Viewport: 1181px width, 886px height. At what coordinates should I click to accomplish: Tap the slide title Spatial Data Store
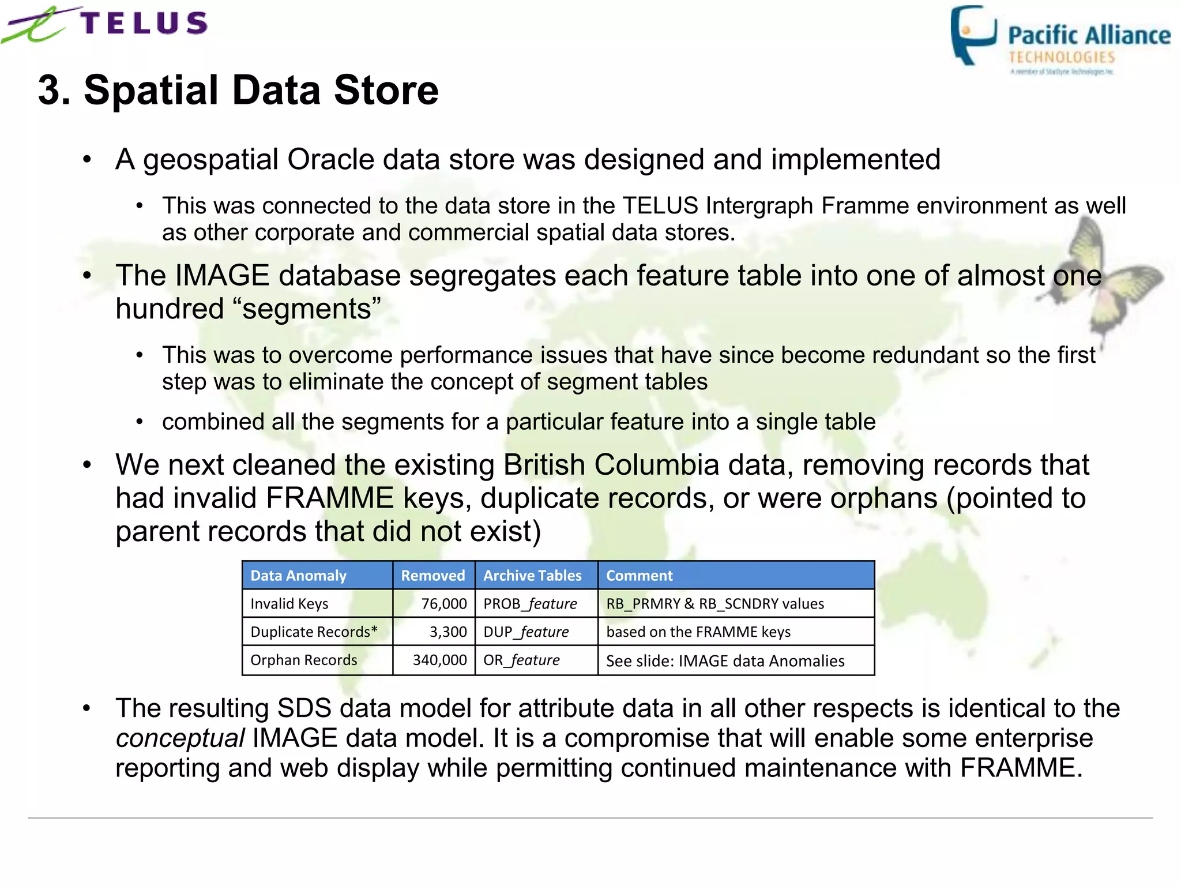click(x=238, y=91)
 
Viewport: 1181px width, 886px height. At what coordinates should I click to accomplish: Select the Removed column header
click(x=433, y=576)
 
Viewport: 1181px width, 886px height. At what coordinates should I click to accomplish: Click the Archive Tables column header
click(x=532, y=576)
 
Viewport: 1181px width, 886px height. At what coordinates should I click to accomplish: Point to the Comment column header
click(x=639, y=576)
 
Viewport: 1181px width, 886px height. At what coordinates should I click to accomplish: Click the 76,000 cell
click(x=443, y=604)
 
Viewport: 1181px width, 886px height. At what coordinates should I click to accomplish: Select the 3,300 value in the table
click(x=448, y=632)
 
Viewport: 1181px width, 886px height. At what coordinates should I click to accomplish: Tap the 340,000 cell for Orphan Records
click(x=439, y=660)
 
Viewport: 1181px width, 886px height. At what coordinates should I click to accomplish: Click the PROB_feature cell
click(x=530, y=604)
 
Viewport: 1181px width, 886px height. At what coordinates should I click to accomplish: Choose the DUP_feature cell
click(x=526, y=632)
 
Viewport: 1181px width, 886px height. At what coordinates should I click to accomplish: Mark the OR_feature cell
click(x=521, y=660)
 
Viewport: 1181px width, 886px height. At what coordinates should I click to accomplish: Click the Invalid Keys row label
click(x=289, y=604)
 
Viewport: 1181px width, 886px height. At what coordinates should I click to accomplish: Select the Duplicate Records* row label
click(x=314, y=632)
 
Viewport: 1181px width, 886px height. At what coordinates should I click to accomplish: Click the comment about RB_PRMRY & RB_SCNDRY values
click(x=715, y=604)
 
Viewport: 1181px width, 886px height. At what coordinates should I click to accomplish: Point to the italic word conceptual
click(x=180, y=738)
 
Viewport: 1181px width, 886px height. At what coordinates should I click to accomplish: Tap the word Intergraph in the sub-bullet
click(x=759, y=206)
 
